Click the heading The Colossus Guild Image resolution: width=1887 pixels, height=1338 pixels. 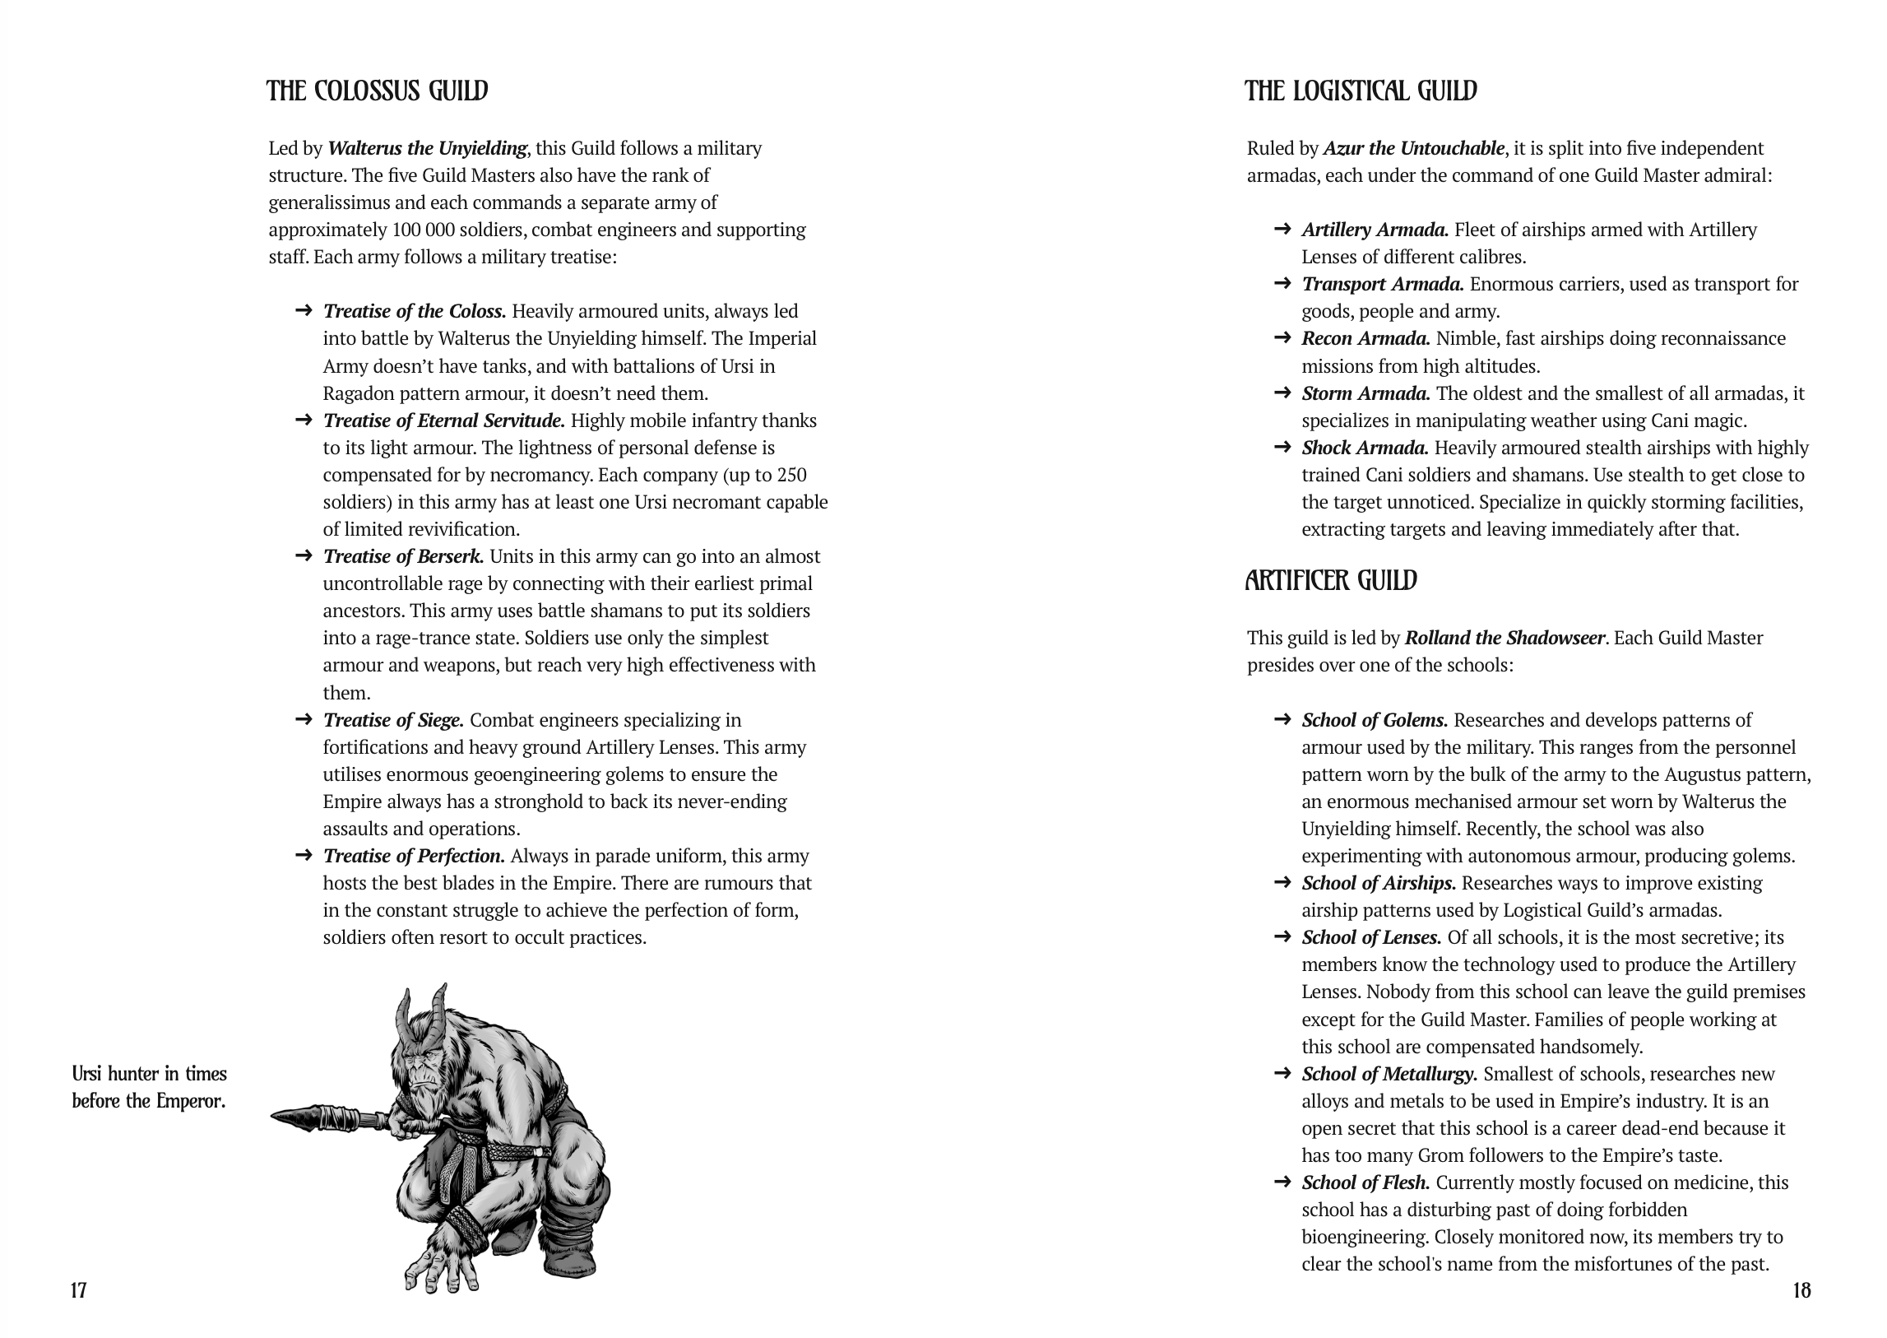(x=378, y=91)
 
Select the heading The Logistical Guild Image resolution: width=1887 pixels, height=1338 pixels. (x=1361, y=91)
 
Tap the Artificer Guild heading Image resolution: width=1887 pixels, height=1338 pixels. (x=1331, y=581)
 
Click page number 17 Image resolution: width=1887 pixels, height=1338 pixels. (x=78, y=1290)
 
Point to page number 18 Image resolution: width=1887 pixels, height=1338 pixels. (x=1801, y=1290)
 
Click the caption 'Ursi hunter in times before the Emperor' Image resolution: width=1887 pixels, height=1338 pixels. (x=149, y=1088)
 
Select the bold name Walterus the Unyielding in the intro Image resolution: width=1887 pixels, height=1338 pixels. (x=427, y=148)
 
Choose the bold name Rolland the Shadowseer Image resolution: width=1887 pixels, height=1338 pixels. (x=1504, y=638)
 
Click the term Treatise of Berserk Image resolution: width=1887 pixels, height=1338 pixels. (x=403, y=556)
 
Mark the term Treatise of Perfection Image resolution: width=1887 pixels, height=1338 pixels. (x=414, y=856)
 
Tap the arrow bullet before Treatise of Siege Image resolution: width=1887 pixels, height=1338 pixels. (x=303, y=719)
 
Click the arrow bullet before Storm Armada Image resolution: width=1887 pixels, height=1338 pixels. (x=1282, y=393)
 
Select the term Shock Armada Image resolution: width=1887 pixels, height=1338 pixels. (x=1365, y=448)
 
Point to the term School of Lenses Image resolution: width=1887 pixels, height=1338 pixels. (x=1371, y=937)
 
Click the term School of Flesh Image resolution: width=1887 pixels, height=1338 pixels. (x=1365, y=1182)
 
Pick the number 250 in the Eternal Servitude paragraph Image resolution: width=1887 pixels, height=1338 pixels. (x=791, y=476)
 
